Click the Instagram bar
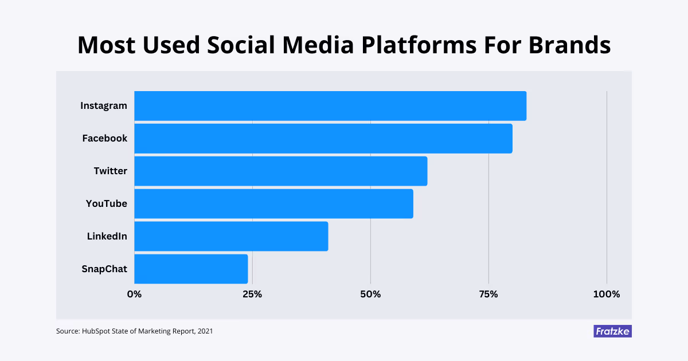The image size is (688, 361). point(330,106)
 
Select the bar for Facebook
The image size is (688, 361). point(323,139)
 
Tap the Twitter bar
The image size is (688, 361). point(281,171)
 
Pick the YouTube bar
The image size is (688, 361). point(273,203)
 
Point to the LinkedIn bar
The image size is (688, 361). point(231,236)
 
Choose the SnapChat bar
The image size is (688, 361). point(191,269)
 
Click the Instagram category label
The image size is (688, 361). point(104,106)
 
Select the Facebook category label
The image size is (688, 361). point(105,139)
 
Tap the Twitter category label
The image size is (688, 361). point(111,171)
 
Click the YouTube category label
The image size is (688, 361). point(107,203)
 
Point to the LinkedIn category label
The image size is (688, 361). point(107,236)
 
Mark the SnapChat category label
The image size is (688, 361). point(104,269)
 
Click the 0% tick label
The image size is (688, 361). point(134,295)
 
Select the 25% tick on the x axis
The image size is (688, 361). point(252,295)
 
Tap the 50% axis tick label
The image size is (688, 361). point(370,295)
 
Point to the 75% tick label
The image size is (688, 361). point(488,295)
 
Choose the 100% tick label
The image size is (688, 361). point(607,295)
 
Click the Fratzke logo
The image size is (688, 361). point(612,331)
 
